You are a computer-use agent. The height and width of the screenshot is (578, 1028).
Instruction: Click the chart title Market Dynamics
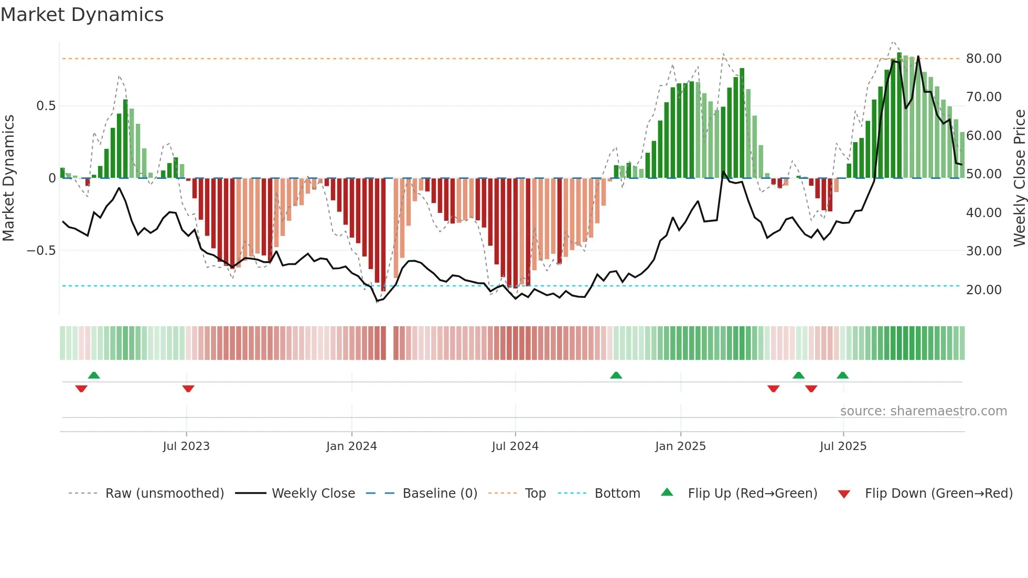point(82,15)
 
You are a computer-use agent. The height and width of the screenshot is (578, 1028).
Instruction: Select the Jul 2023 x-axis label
point(186,446)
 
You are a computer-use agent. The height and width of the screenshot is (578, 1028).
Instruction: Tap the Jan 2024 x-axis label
point(351,446)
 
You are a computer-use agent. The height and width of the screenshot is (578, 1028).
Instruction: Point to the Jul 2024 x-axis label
point(515,446)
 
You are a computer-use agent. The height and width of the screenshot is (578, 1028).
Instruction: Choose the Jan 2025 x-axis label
point(680,446)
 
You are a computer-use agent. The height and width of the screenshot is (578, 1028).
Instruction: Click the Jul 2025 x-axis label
point(843,446)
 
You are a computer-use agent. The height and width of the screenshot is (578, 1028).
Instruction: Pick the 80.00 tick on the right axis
point(983,59)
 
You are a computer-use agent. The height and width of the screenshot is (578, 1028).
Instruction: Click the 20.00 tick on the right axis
point(983,290)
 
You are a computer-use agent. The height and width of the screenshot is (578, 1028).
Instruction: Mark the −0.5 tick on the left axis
point(41,251)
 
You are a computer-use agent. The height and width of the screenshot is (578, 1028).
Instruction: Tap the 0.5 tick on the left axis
point(46,106)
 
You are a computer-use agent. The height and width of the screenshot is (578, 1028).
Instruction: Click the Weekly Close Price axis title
point(1019,178)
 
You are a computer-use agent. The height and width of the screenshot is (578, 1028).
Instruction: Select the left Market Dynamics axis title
point(8,178)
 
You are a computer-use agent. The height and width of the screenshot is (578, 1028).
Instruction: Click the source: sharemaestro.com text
point(923,411)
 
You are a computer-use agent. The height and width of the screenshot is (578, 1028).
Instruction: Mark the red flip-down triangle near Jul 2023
point(188,389)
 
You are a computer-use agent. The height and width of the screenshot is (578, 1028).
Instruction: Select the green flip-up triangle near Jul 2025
point(842,375)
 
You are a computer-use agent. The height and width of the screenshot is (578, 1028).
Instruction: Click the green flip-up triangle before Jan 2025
point(616,375)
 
